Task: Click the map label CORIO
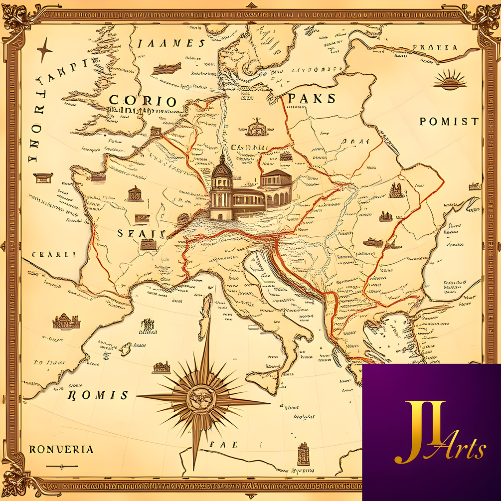(143, 101)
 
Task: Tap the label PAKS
(312, 98)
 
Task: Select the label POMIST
(449, 121)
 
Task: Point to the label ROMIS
(97, 395)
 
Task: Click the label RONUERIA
(61, 449)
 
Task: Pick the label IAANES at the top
(170, 43)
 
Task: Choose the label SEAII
(140, 233)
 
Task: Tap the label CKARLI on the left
(53, 254)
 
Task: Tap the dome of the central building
(222, 168)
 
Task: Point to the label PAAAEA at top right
(435, 48)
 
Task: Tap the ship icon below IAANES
(166, 68)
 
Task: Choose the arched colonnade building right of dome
(276, 187)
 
